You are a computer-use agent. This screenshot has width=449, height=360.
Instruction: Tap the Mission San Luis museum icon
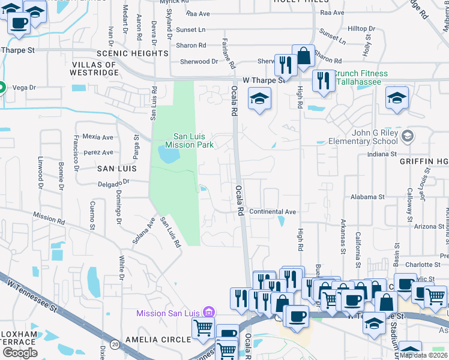pyautogui.click(x=209, y=312)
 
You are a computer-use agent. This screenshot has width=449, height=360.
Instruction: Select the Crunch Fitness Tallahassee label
pyautogui.click(x=361, y=77)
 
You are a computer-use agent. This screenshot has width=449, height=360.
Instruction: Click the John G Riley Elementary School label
pyautogui.click(x=363, y=137)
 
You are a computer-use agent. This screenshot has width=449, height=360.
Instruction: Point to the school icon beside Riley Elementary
pyautogui.click(x=408, y=136)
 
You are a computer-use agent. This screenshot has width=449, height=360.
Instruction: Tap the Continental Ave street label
pyautogui.click(x=273, y=212)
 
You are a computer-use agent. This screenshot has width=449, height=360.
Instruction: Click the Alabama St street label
pyautogui.click(x=367, y=197)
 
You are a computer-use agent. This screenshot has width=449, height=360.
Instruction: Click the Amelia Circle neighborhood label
pyautogui.click(x=158, y=340)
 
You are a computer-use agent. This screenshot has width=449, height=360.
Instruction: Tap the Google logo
pyautogui.click(x=19, y=353)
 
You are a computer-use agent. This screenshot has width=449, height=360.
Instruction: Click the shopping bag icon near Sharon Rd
pyautogui.click(x=304, y=56)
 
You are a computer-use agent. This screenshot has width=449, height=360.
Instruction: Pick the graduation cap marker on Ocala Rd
pyautogui.click(x=259, y=98)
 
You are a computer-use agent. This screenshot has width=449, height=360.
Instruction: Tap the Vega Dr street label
pyautogui.click(x=25, y=88)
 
